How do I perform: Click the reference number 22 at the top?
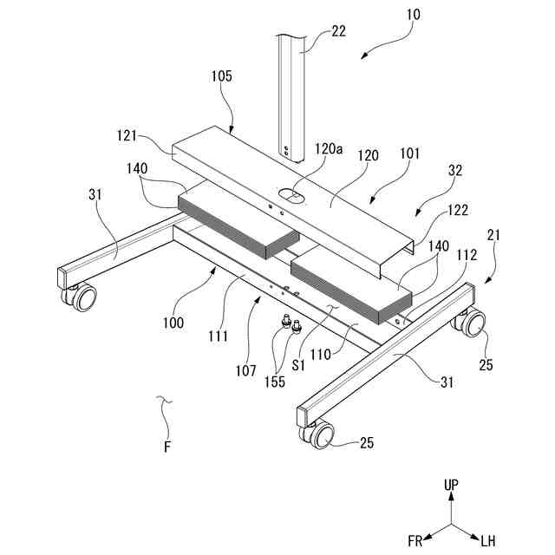tap(338, 32)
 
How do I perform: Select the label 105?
tap(221, 76)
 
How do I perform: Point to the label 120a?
tap(328, 149)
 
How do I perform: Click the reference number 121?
tap(129, 135)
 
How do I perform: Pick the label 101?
tap(409, 153)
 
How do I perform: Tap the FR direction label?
tap(415, 540)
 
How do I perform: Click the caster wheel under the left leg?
tap(83, 299)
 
